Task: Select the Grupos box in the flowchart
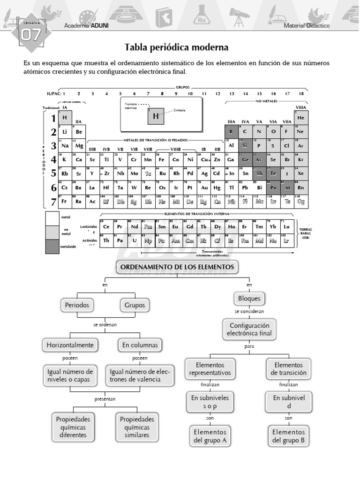point(134,305)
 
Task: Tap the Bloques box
point(249,298)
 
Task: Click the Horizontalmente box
point(70,345)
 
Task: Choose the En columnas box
point(140,345)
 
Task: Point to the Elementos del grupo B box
point(288,436)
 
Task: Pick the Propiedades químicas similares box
point(137,427)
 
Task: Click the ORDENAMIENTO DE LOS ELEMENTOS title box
point(177,267)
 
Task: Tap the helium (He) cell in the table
point(301,118)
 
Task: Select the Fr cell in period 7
point(65,202)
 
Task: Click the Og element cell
point(301,202)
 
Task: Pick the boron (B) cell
point(231,132)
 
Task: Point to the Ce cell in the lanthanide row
point(106,226)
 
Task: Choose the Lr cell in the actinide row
point(287,240)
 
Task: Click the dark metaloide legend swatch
point(52,247)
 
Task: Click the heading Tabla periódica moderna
point(177,48)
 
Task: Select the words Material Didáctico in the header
point(307,26)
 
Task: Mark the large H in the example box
point(156,116)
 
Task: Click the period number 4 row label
point(54,160)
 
